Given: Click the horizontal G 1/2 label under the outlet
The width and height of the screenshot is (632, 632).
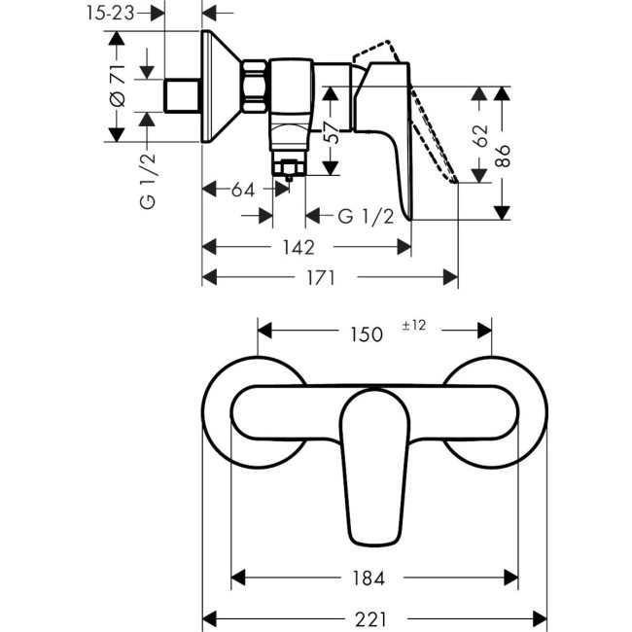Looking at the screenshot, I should [365, 216].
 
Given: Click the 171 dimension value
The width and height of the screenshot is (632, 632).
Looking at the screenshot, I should [321, 277].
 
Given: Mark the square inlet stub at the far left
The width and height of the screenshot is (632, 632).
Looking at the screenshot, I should [181, 96].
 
